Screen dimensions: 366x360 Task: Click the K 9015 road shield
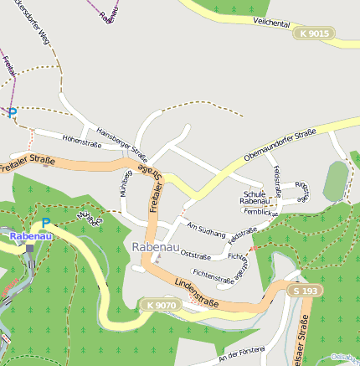314,34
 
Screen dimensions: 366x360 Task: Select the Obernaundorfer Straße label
279,143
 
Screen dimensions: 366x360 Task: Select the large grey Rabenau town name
154,247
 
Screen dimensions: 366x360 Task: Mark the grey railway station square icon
31,249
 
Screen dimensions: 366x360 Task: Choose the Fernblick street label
260,212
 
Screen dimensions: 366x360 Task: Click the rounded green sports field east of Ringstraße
336,181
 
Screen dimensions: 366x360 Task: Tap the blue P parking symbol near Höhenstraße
12,112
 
